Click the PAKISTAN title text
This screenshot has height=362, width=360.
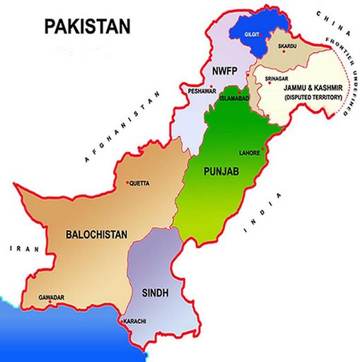coord(87,27)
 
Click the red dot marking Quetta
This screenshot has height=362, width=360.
coord(127,183)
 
